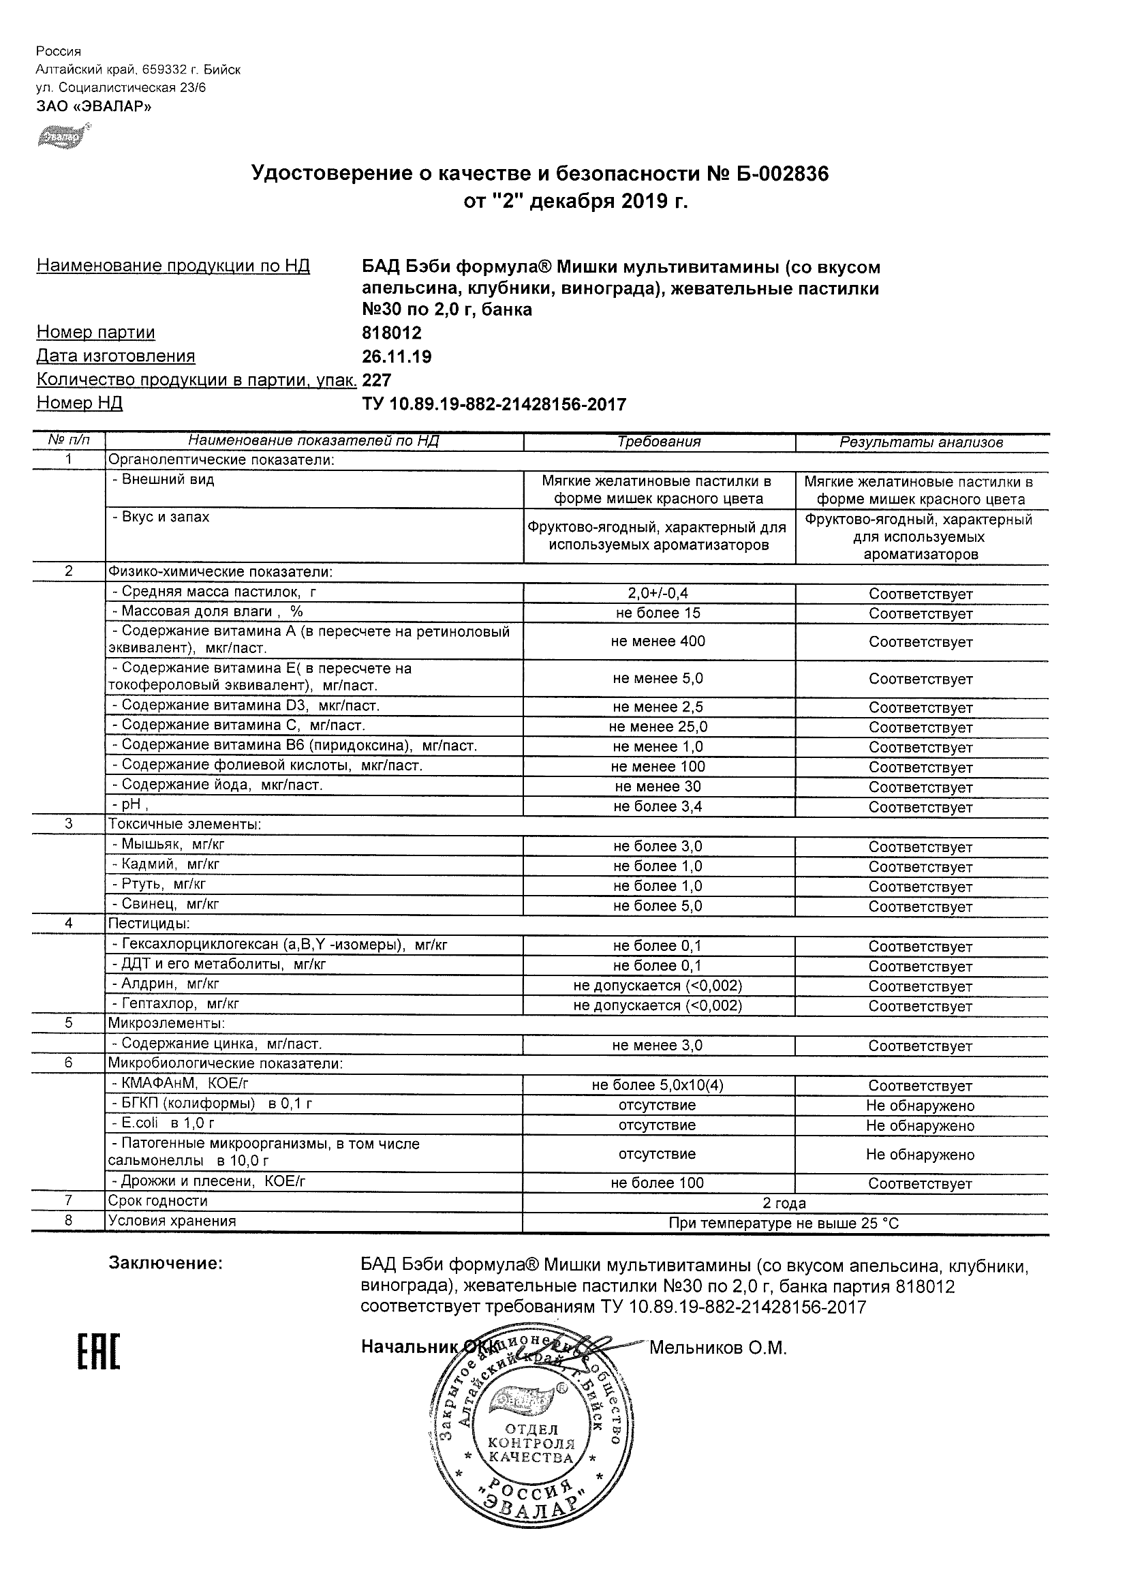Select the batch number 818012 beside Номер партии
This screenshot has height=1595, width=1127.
pyautogui.click(x=392, y=333)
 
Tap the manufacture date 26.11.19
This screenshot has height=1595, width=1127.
pyautogui.click(x=397, y=357)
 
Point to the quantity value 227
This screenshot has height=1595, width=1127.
pyautogui.click(x=377, y=380)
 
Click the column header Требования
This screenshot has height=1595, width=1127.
pyautogui.click(x=659, y=442)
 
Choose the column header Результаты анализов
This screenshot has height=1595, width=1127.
pyautogui.click(x=921, y=442)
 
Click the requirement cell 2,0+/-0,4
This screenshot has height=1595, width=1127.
pyautogui.click(x=658, y=593)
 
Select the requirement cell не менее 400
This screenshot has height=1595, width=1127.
pyautogui.click(x=658, y=641)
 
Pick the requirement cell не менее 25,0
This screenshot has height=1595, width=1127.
pyautogui.click(x=658, y=727)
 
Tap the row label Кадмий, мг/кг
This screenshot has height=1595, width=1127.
pyautogui.click(x=170, y=865)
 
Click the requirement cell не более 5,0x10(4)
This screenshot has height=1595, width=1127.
pyautogui.click(x=658, y=1085)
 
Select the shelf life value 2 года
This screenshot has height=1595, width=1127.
pyautogui.click(x=784, y=1203)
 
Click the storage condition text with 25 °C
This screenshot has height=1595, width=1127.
pyautogui.click(x=784, y=1224)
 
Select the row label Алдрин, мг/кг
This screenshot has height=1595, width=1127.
pyautogui.click(x=170, y=984)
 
